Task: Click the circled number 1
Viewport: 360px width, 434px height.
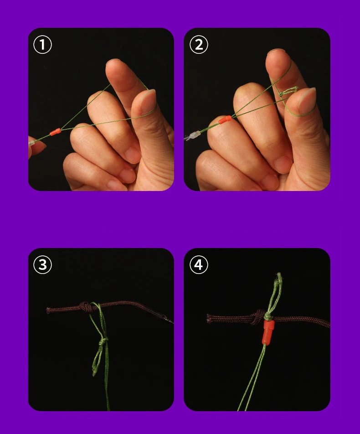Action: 42,45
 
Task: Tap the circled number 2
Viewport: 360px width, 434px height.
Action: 199,45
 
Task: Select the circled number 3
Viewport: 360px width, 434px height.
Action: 42,265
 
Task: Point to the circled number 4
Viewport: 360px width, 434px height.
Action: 199,265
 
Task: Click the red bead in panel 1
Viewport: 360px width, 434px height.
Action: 55,132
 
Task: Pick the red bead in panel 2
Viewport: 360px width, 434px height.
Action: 225,119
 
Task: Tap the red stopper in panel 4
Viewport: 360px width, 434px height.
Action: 268,332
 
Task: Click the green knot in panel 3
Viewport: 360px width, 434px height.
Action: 103,341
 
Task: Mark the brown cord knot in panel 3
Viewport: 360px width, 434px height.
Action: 86,307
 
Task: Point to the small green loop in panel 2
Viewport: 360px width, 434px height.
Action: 288,91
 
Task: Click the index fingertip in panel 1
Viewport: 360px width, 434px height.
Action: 116,67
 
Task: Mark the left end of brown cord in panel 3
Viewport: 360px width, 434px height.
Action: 48,310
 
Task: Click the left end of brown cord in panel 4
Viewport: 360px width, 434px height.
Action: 208,318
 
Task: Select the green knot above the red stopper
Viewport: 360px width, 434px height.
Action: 267,316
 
